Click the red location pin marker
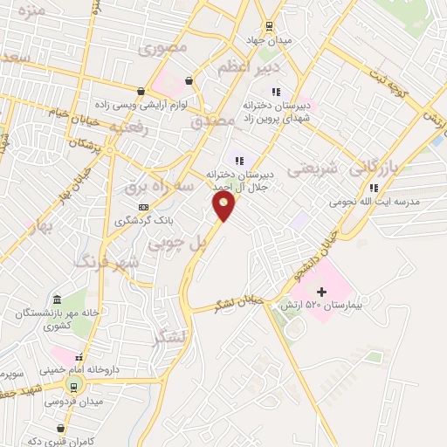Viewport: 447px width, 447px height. (224, 206)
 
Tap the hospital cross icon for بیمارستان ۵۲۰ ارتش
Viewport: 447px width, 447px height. (320, 291)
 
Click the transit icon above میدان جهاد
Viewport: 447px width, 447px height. (269, 25)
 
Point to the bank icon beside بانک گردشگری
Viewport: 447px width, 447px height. (143, 206)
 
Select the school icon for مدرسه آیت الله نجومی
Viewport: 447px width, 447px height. (373, 187)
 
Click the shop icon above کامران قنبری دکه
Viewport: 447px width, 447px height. (59, 428)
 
